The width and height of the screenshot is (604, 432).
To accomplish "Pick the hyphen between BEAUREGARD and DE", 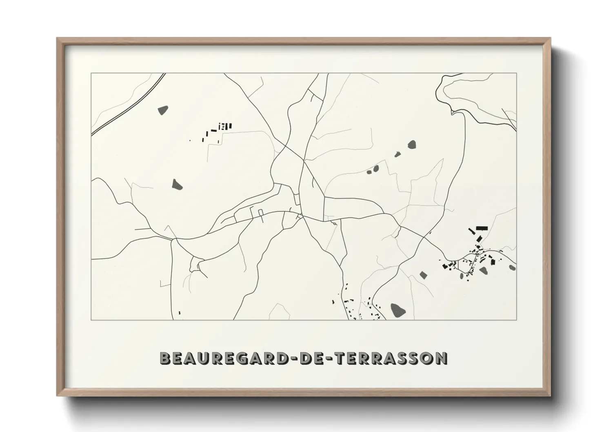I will tap(294, 359).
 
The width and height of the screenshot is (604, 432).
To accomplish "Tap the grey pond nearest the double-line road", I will tap(163, 110).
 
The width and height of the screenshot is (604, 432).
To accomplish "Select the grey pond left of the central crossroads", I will tap(177, 184).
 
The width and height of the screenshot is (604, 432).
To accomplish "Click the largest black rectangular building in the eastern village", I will tap(482, 228).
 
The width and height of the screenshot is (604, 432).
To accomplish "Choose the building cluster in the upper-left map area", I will tap(218, 130).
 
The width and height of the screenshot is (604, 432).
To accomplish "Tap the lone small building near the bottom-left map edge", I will tap(179, 313).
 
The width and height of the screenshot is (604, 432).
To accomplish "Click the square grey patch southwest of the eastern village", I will tap(423, 275).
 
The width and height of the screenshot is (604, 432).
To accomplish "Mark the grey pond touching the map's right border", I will tap(513, 267).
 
